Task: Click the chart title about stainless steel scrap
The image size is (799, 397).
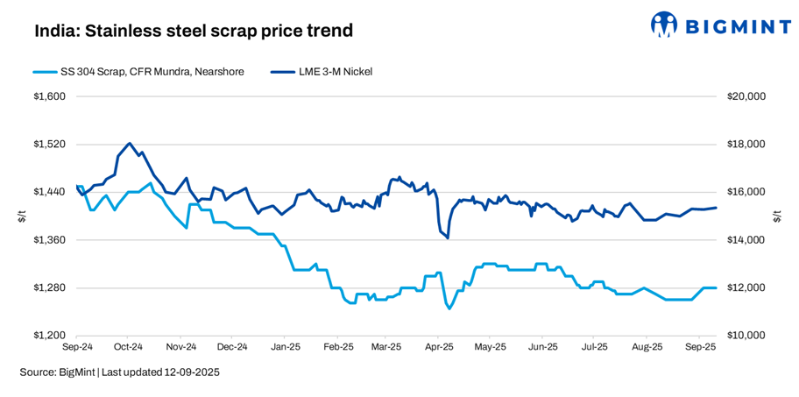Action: coord(194,31)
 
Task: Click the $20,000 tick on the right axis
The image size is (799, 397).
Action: coord(746,96)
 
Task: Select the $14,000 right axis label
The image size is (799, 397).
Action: coord(746,239)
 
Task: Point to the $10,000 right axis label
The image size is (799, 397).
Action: coord(746,336)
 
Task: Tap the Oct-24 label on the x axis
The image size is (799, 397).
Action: coord(128,347)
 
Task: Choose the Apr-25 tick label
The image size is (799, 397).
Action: coord(438,347)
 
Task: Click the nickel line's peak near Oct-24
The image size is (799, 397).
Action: coord(130,143)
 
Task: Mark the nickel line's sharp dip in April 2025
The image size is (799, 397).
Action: coord(448,237)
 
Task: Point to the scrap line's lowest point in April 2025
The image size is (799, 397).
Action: coord(449,308)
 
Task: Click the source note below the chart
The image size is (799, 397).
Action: coord(119,372)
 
